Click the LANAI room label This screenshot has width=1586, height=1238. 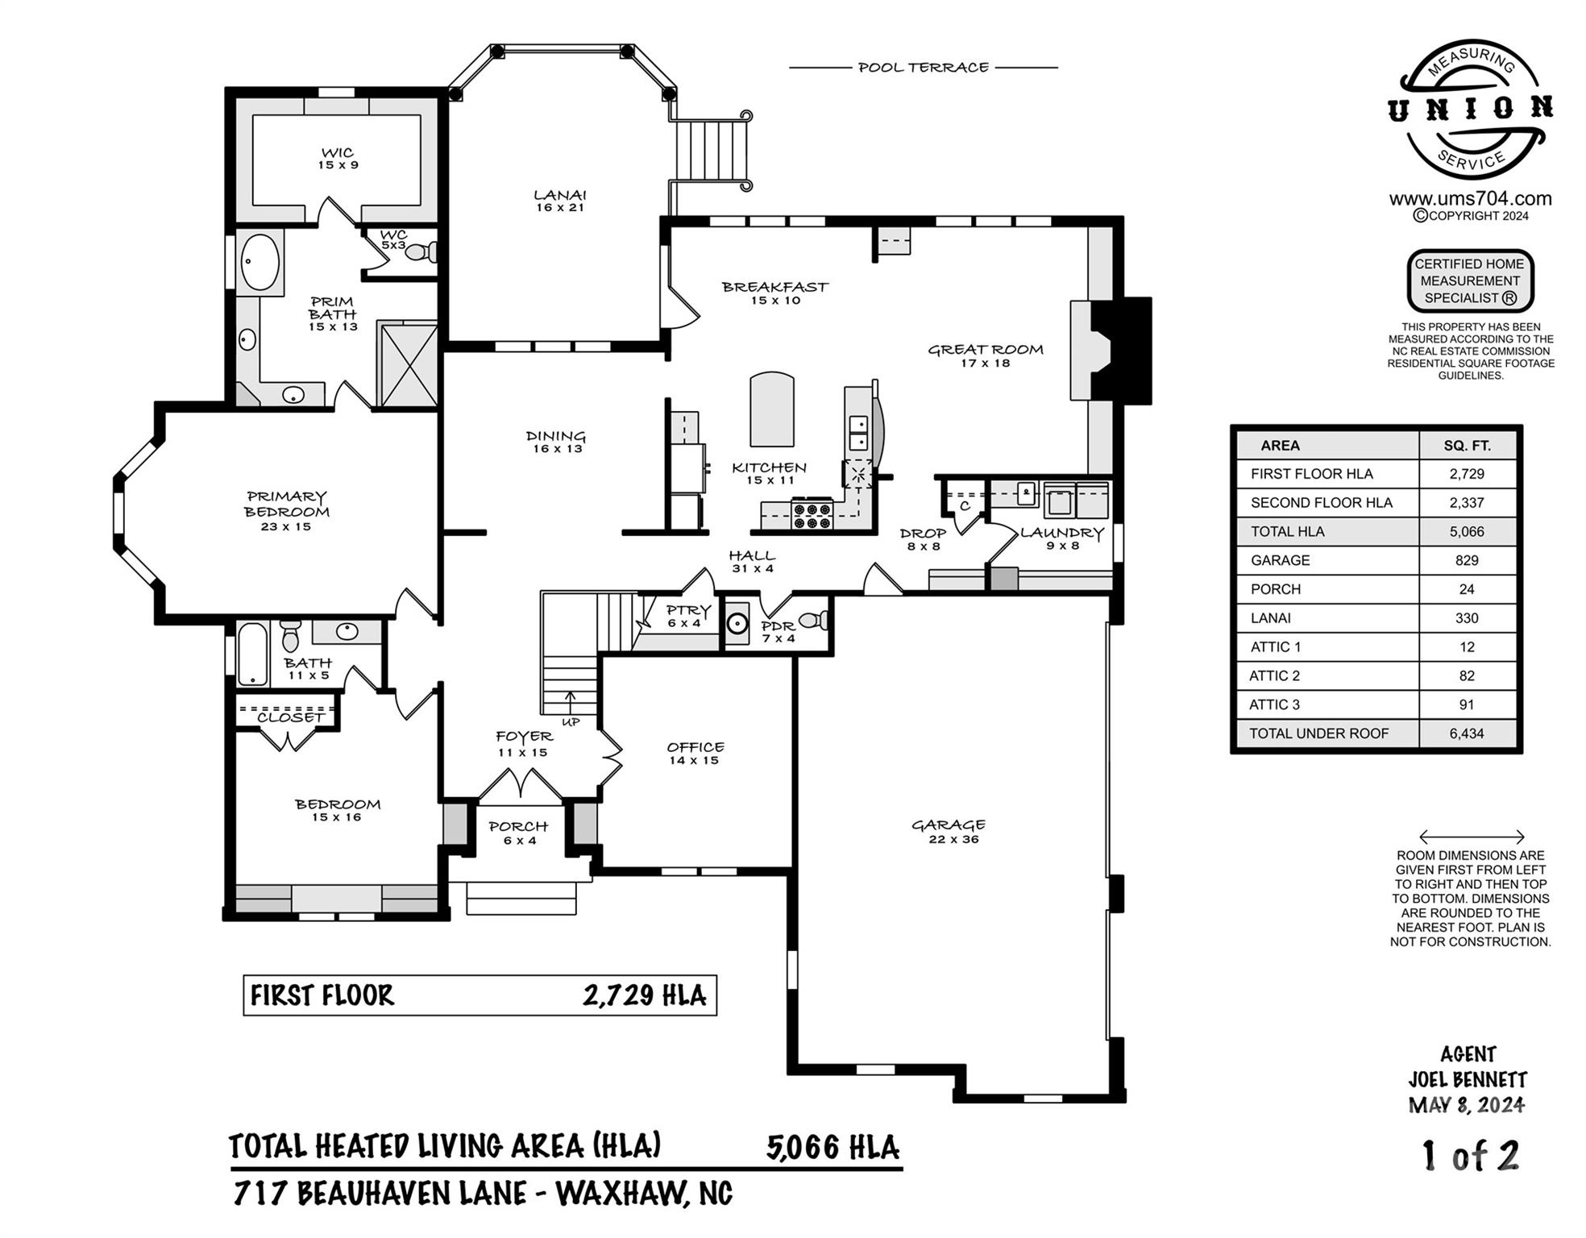coord(560,201)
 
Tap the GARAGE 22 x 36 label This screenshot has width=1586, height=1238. coord(949,831)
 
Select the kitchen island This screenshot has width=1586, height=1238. coord(772,409)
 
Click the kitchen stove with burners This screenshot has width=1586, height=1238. coord(812,515)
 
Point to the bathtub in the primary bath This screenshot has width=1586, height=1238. coord(260,263)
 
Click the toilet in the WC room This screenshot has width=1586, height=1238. coord(421,252)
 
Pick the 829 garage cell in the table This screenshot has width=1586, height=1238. coord(1466,560)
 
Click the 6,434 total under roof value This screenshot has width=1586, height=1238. coord(1466,733)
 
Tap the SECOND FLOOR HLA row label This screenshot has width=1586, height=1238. coord(1321,502)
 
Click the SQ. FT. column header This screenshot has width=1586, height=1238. coord(1466,445)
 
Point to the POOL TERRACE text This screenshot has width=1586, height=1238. coord(923,68)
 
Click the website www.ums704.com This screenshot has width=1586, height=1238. coord(1470,198)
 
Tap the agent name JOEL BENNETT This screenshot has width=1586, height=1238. coord(1468,1079)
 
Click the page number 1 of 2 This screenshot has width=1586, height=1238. coord(1470,1156)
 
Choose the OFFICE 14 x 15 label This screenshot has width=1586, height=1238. coord(695,753)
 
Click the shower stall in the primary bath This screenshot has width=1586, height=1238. coord(408,365)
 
